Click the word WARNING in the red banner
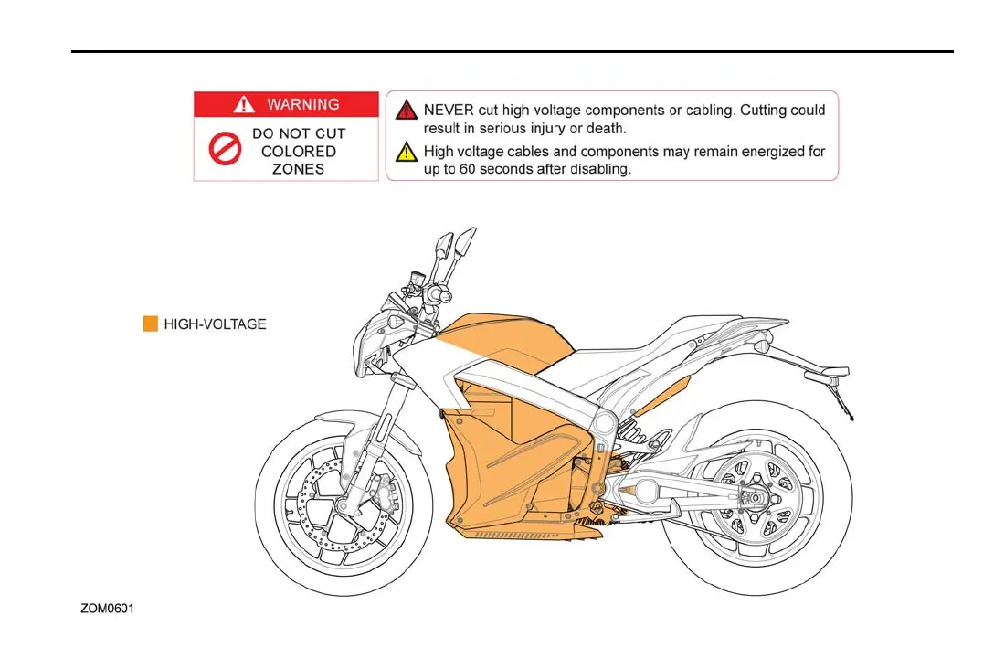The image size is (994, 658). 302,104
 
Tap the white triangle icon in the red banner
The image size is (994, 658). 244,104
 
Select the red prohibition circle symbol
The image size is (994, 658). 225,150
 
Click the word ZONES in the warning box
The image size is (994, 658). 298,169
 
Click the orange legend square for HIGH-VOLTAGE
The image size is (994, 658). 151,324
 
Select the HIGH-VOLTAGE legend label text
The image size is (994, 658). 215,324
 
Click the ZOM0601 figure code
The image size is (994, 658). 107,608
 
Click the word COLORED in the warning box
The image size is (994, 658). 298,152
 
